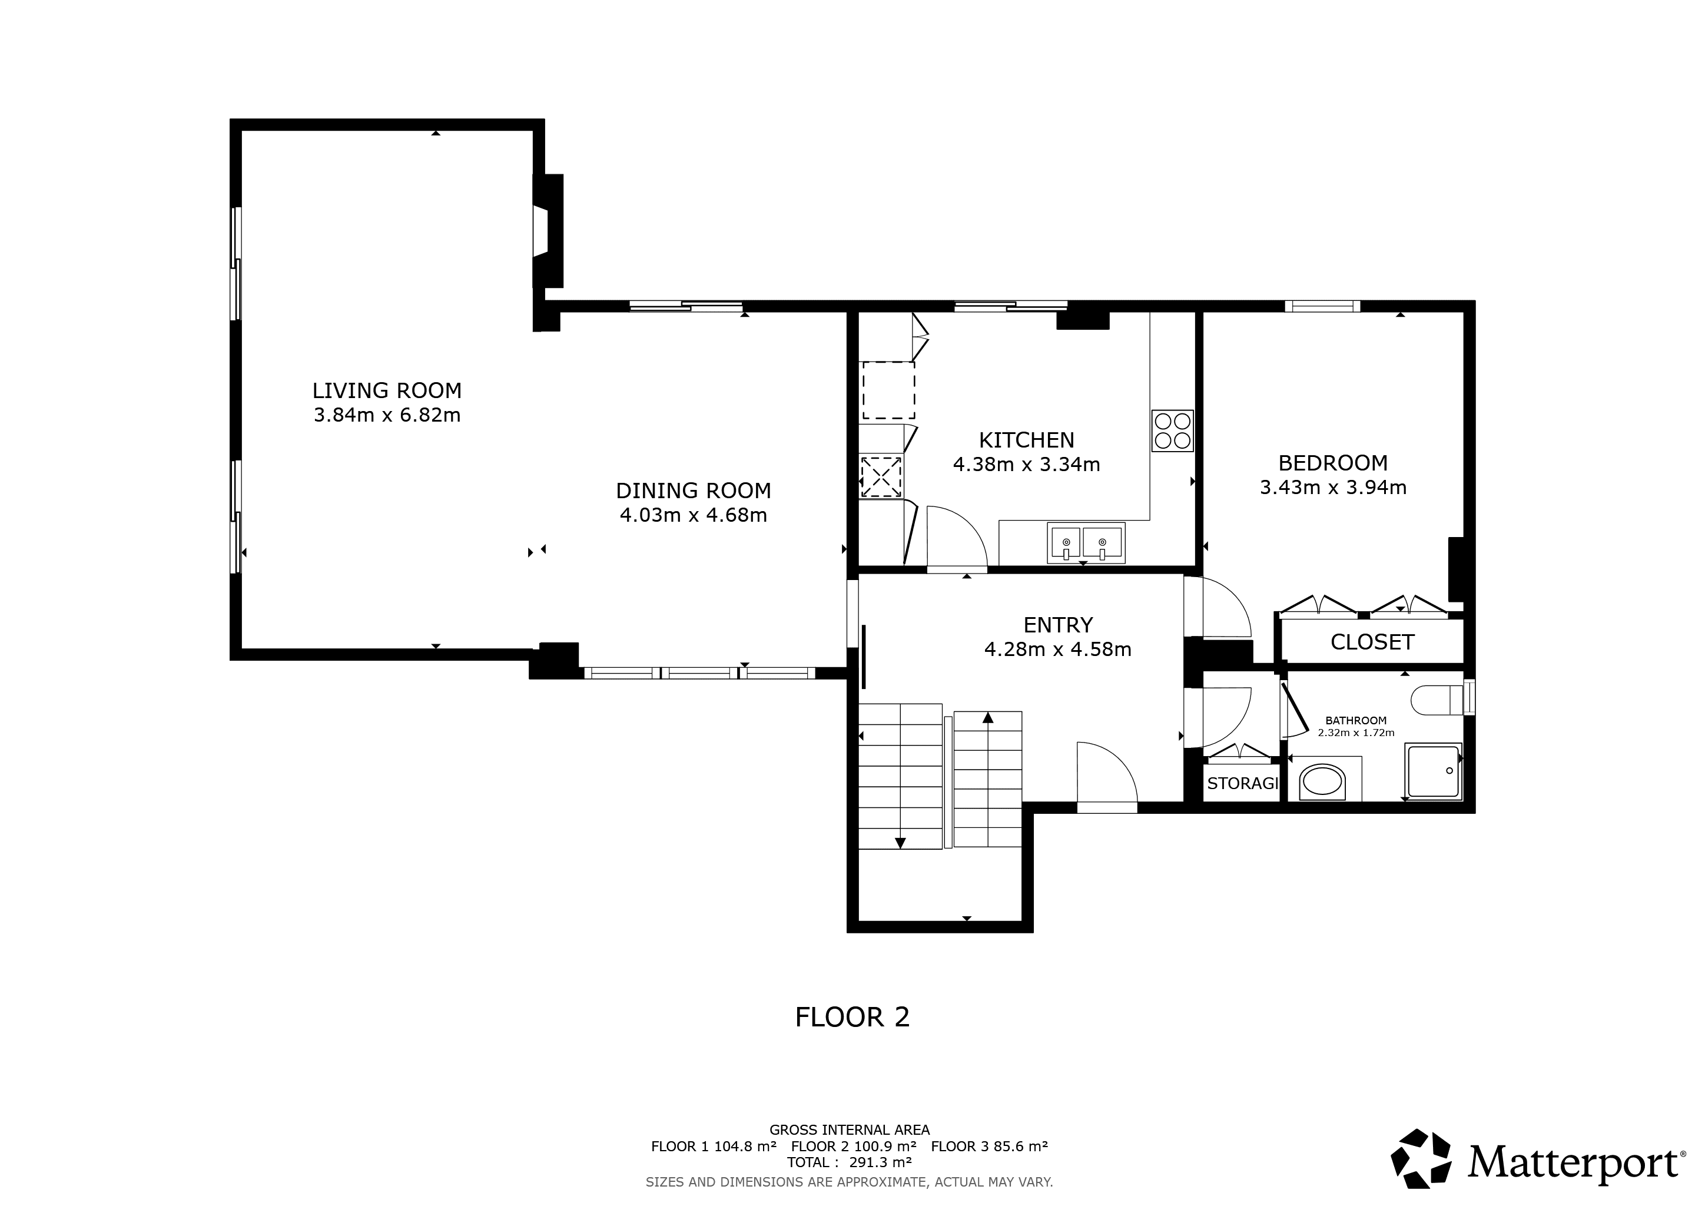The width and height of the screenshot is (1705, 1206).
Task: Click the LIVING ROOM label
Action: tap(387, 390)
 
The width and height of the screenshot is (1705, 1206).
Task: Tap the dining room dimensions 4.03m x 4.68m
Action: tap(694, 515)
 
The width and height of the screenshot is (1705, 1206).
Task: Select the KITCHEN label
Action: tap(1026, 440)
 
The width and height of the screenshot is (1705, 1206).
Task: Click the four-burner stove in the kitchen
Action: tap(1173, 430)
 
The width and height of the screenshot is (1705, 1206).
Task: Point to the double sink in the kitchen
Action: tap(1086, 543)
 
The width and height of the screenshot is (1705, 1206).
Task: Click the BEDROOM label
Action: tap(1333, 463)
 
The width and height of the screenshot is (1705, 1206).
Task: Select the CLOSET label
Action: tap(1372, 642)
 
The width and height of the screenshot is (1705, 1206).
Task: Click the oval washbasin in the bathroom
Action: tap(1322, 783)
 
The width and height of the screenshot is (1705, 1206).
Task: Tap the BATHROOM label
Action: tap(1356, 720)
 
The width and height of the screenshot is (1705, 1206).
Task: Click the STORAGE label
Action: tap(1242, 783)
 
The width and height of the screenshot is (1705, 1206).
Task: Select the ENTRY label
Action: tap(1057, 625)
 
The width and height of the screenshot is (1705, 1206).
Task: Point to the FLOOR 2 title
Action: tap(852, 1018)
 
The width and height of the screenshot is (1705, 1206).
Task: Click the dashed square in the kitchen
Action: tap(888, 390)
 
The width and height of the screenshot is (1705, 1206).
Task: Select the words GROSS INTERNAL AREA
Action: tap(850, 1130)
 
